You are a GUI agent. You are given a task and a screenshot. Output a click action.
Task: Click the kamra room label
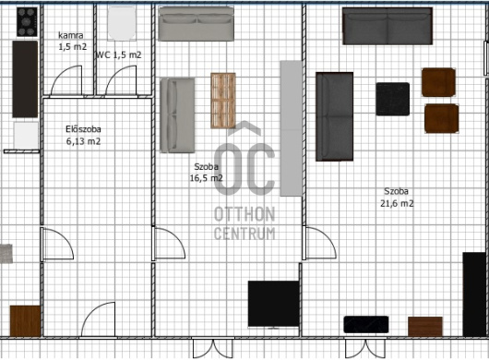[71, 35]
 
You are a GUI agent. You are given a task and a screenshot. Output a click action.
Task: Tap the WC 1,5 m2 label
[118, 54]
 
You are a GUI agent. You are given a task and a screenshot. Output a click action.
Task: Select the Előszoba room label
[83, 129]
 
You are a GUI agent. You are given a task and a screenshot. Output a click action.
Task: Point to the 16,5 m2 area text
[206, 178]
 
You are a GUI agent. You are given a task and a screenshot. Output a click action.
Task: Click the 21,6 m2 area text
[397, 203]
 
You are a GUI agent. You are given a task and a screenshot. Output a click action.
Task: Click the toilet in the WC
[122, 23]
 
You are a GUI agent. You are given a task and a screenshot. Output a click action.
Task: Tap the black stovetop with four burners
[27, 21]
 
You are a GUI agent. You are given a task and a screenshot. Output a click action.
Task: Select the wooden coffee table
[223, 101]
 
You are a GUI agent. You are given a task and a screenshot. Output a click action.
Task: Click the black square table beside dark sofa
[393, 99]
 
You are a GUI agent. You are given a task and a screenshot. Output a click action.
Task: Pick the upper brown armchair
[438, 82]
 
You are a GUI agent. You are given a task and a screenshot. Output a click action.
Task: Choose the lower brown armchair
[442, 118]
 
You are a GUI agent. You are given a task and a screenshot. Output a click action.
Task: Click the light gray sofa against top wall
[196, 24]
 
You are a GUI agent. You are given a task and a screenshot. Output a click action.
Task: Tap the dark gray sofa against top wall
[388, 26]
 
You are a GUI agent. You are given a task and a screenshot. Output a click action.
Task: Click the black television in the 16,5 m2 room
[273, 304]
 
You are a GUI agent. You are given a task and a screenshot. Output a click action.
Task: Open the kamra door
[66, 81]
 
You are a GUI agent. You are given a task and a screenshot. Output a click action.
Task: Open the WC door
[121, 81]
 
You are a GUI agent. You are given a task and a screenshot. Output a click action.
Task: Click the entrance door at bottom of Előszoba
[98, 320]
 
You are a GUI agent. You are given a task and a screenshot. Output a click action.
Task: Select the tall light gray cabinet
[292, 128]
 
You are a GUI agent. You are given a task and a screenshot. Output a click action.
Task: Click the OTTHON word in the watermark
[244, 214]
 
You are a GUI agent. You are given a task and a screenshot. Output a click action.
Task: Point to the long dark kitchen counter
[25, 79]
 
